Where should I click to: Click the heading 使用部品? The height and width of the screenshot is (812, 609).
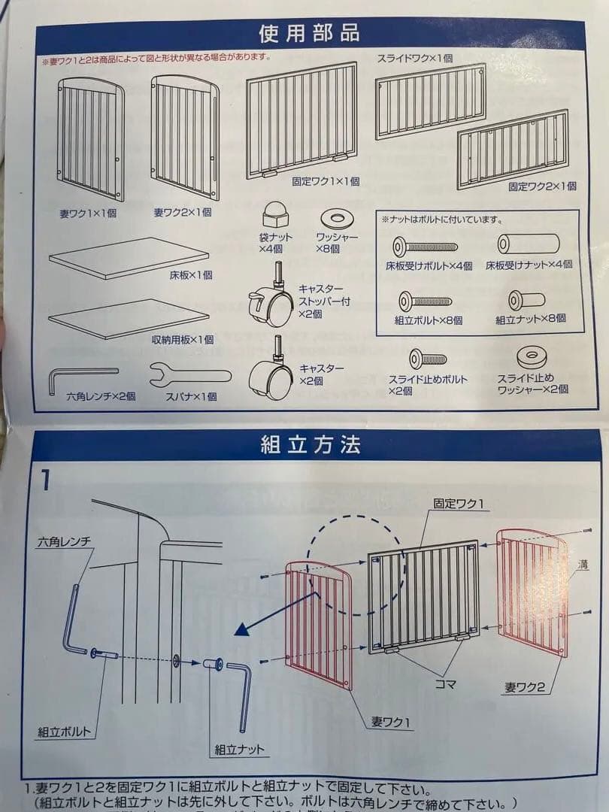pos(308,34)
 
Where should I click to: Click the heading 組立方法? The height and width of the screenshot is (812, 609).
pos(310,444)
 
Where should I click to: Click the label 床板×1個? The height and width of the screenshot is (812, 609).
pos(191,275)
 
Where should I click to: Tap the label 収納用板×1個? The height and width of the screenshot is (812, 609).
pos(183,340)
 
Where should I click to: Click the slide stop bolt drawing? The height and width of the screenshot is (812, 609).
pos(426,359)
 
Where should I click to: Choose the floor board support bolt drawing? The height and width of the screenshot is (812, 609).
pos(425,246)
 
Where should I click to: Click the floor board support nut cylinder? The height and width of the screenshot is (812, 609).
pos(529,244)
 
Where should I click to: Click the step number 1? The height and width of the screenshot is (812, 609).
pos(47,480)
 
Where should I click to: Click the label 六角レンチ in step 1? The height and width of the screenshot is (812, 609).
pos(65,541)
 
